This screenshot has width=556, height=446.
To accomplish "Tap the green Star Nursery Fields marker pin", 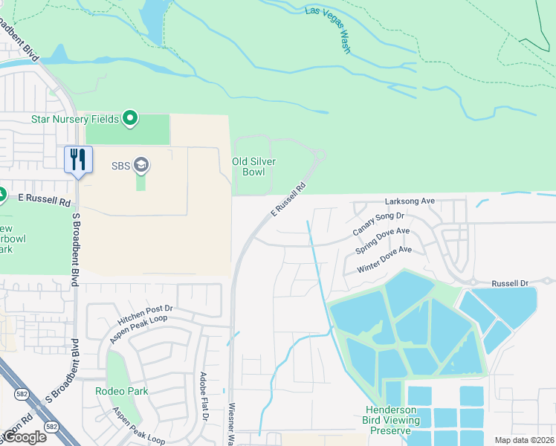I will tap(131, 118).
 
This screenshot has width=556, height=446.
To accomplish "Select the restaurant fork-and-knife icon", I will tap(77, 158).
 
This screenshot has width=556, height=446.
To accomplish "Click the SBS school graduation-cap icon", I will tap(141, 165).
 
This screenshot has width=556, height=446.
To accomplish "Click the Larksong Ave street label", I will tap(410, 201).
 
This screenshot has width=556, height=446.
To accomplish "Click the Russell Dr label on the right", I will tap(510, 284).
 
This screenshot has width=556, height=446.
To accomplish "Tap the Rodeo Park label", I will tap(122, 391).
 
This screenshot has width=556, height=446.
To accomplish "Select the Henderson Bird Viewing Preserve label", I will tap(388, 420).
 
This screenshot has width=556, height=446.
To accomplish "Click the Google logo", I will tap(24, 437).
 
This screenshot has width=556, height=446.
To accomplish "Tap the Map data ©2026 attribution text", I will tap(524, 439).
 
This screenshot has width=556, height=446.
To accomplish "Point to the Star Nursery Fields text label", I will tap(76, 119).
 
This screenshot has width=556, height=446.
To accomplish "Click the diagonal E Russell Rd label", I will tap(288, 200).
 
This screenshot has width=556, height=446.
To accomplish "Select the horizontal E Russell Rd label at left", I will tap(45, 201).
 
